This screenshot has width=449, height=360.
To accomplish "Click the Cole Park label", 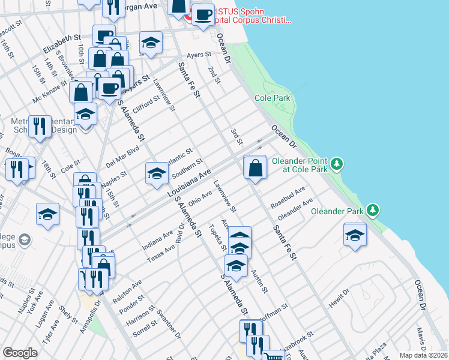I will (272, 98).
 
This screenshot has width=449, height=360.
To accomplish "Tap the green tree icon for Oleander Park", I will (373, 211).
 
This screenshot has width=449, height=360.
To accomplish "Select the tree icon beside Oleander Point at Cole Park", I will (337, 163).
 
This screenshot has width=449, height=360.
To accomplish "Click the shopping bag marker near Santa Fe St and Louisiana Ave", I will (256, 167).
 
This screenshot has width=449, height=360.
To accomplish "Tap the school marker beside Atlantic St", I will (157, 173).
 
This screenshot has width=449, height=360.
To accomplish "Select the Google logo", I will (20, 352).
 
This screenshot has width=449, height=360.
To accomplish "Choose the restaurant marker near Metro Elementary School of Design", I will (40, 127).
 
